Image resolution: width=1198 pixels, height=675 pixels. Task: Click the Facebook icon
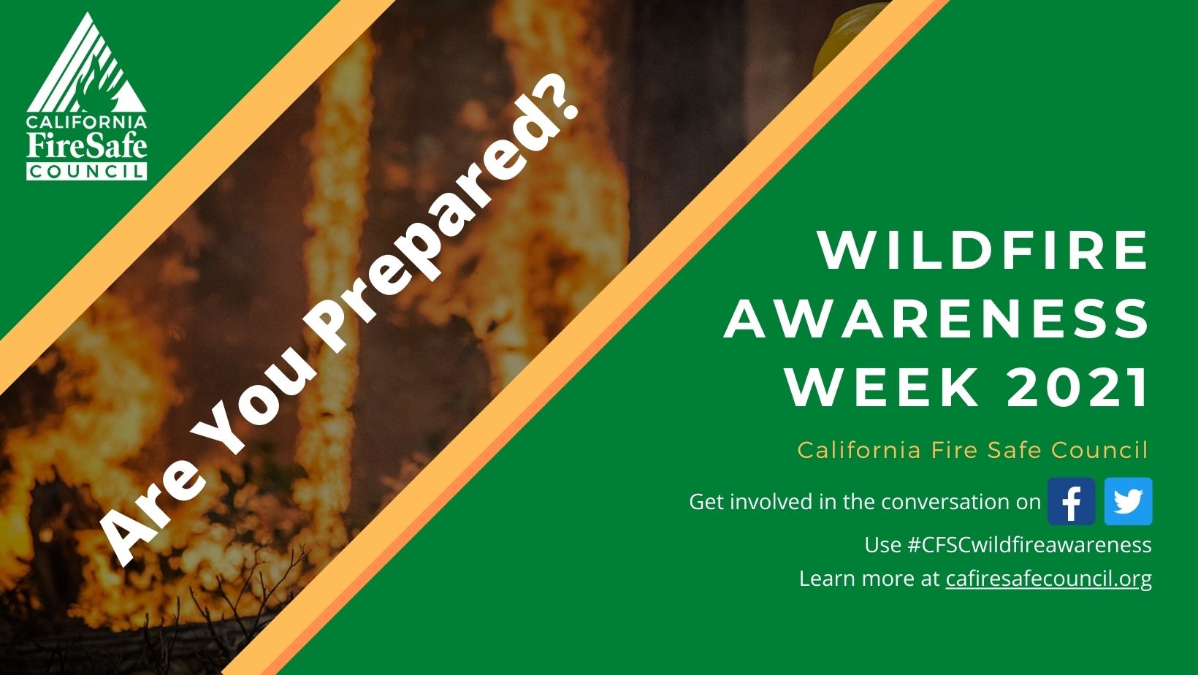coord(1071,502)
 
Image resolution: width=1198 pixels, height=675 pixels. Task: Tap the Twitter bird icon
coord(1128,502)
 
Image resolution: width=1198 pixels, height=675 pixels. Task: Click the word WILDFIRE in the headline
coord(983,251)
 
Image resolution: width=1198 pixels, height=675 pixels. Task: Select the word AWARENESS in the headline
coord(937,319)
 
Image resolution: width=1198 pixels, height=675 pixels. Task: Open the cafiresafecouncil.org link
coord(1048,579)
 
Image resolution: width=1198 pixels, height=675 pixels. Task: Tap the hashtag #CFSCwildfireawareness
coord(1029,545)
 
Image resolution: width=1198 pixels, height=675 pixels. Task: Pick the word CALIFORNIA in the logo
coord(87,122)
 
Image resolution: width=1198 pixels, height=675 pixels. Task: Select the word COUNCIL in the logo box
coord(87,172)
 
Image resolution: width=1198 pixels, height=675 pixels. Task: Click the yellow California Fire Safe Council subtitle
coord(972,449)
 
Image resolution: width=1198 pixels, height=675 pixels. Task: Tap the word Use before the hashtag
coord(882,545)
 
